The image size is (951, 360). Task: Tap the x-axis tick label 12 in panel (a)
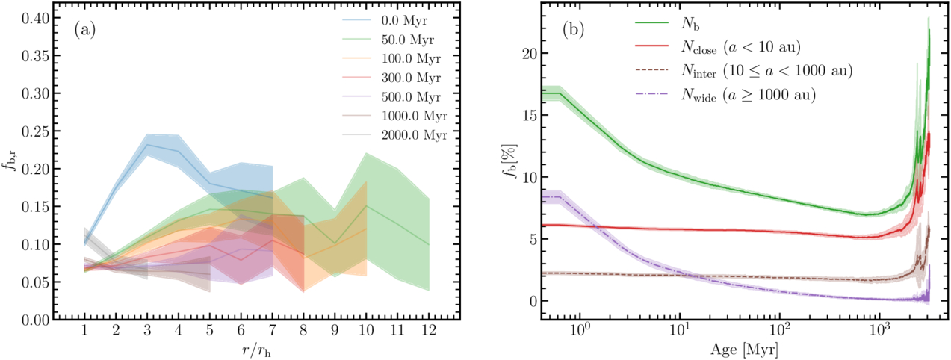point(429,330)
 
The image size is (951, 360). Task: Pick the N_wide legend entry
point(726,95)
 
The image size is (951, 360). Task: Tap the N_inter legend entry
point(738,72)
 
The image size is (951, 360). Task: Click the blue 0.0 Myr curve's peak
point(148,144)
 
